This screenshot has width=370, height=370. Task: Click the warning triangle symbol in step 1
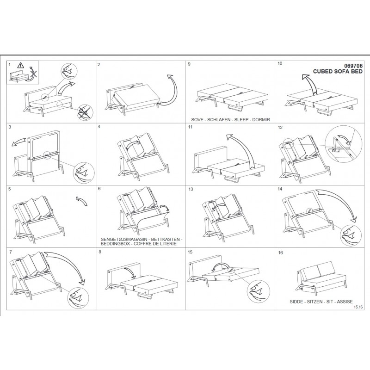[21, 65]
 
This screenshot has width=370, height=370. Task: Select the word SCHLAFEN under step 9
[219, 120]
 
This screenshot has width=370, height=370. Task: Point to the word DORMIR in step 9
[261, 120]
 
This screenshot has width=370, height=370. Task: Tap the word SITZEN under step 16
[315, 302]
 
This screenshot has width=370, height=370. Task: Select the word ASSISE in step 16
[345, 302]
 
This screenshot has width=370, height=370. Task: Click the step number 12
[280, 128]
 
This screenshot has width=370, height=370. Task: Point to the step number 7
[10, 252]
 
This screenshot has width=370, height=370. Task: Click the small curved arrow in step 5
[82, 201]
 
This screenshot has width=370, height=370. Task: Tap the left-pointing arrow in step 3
[18, 142]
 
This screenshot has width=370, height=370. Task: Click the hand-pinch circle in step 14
[350, 236]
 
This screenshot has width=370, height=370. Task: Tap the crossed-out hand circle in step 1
[85, 112]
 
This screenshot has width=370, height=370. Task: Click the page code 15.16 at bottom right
[358, 307]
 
